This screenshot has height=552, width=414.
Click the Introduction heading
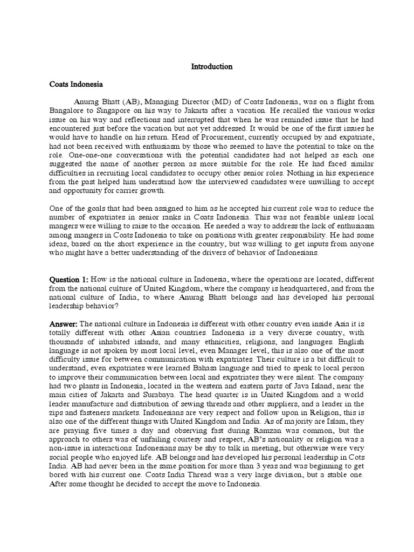coord(212,67)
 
